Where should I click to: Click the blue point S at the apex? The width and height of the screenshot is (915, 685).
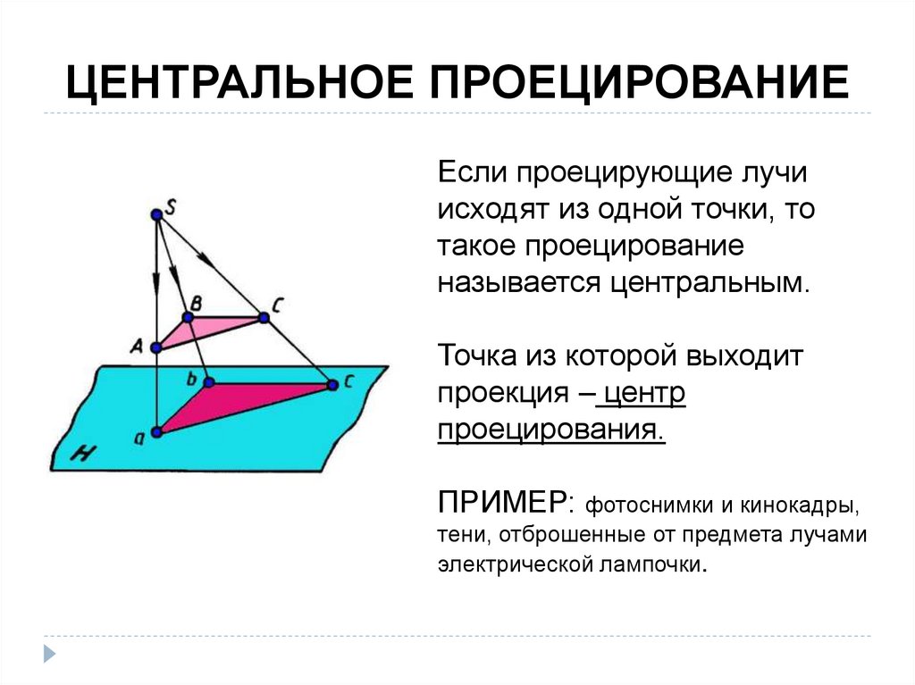click(156, 214)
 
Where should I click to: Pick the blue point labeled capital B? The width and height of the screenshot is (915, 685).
click(189, 317)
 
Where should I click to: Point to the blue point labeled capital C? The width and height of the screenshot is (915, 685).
click(264, 317)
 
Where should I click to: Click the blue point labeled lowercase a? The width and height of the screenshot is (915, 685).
click(157, 432)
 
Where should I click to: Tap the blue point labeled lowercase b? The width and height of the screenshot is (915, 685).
click(208, 382)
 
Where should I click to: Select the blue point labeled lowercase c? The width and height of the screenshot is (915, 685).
click(332, 385)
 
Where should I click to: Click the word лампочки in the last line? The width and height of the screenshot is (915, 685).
click(653, 565)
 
